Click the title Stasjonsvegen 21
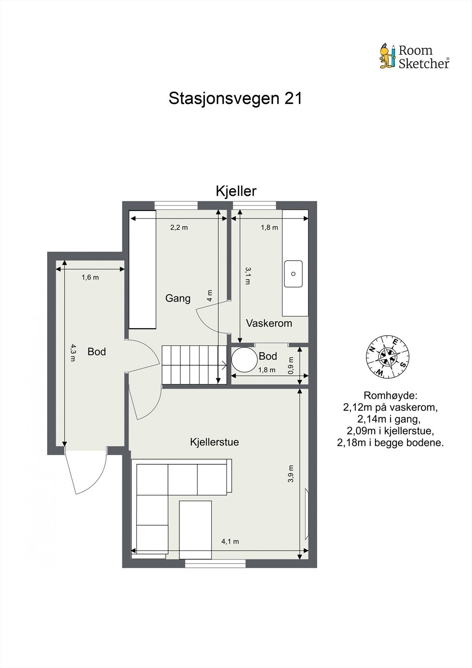tap(235, 99)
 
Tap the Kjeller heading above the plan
tap(236, 191)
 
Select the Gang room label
tap(178, 298)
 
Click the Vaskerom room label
tap(269, 323)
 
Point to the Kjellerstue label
tap(214, 442)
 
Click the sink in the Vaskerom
tap(293, 274)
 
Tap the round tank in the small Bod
tap(245, 359)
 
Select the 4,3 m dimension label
tap(73, 352)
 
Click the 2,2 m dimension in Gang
tap(179, 228)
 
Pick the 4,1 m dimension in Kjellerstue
tap(230, 541)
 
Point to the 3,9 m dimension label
tap(291, 473)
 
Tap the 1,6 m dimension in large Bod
tap(90, 277)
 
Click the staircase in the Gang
tap(194, 364)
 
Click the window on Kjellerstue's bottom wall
tap(215, 564)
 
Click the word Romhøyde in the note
tap(390, 395)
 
